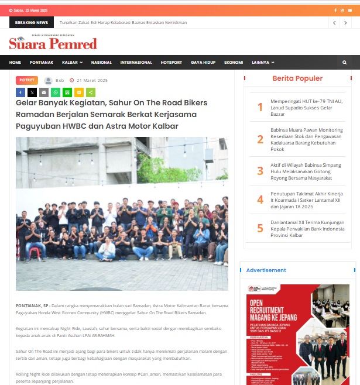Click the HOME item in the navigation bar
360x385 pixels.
pyautogui.click(x=15, y=62)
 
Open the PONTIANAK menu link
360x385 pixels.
pyautogui.click(x=42, y=62)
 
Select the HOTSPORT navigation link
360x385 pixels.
pyautogui.click(x=172, y=62)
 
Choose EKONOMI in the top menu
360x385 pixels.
pyautogui.click(x=234, y=62)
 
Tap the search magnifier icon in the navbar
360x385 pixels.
pyautogui.click(x=344, y=62)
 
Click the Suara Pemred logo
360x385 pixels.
pyautogui.click(x=53, y=43)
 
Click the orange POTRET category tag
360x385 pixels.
pyautogui.click(x=26, y=80)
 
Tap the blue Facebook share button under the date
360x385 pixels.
pyautogui.click(x=20, y=92)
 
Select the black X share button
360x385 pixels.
pyautogui.click(x=32, y=92)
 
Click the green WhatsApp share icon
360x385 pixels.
pyautogui.click(x=56, y=92)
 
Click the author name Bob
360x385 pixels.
pyautogui.click(x=60, y=81)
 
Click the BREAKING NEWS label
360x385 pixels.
pyautogui.click(x=32, y=22)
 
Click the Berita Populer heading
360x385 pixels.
pyautogui.click(x=297, y=78)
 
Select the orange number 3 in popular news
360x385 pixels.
pyautogui.click(x=260, y=171)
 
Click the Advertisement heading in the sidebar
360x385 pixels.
pyautogui.click(x=266, y=270)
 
